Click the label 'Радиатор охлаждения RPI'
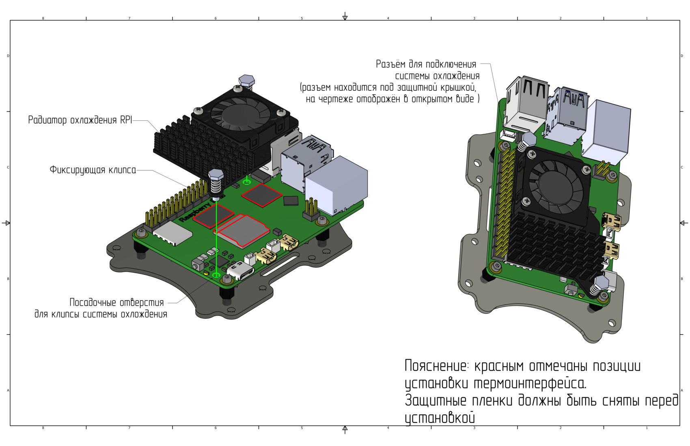pos(80,120)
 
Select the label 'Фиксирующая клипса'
pos(93,170)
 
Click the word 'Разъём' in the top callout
pos(390,64)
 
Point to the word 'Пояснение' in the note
pos(436,366)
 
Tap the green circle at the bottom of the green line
pos(216,275)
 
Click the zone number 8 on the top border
pos(43,18)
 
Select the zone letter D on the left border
pos(8,56)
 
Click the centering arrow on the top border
pos(345,16)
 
